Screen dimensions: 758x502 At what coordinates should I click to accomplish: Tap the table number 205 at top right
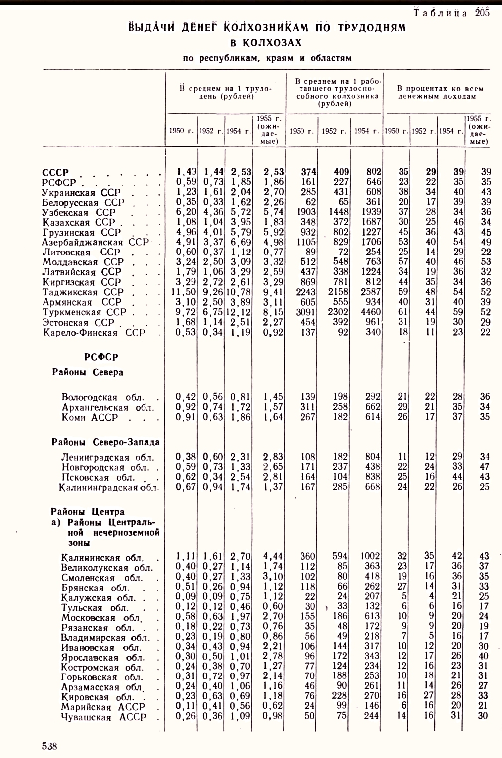[482, 13]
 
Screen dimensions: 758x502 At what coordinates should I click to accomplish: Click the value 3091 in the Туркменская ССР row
[305, 312]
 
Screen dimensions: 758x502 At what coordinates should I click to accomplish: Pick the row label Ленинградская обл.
[107, 457]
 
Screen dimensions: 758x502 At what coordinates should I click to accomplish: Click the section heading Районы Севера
[88, 372]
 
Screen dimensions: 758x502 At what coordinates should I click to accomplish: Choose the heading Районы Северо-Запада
[105, 442]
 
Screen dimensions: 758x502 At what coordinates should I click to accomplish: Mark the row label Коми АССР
[90, 417]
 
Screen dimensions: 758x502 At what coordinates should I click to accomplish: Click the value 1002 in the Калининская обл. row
[370, 556]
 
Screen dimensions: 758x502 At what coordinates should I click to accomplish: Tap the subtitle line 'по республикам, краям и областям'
[267, 58]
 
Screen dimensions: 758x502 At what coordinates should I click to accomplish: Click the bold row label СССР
[55, 173]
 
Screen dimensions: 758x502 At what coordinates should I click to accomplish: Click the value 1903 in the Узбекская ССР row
[305, 212]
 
